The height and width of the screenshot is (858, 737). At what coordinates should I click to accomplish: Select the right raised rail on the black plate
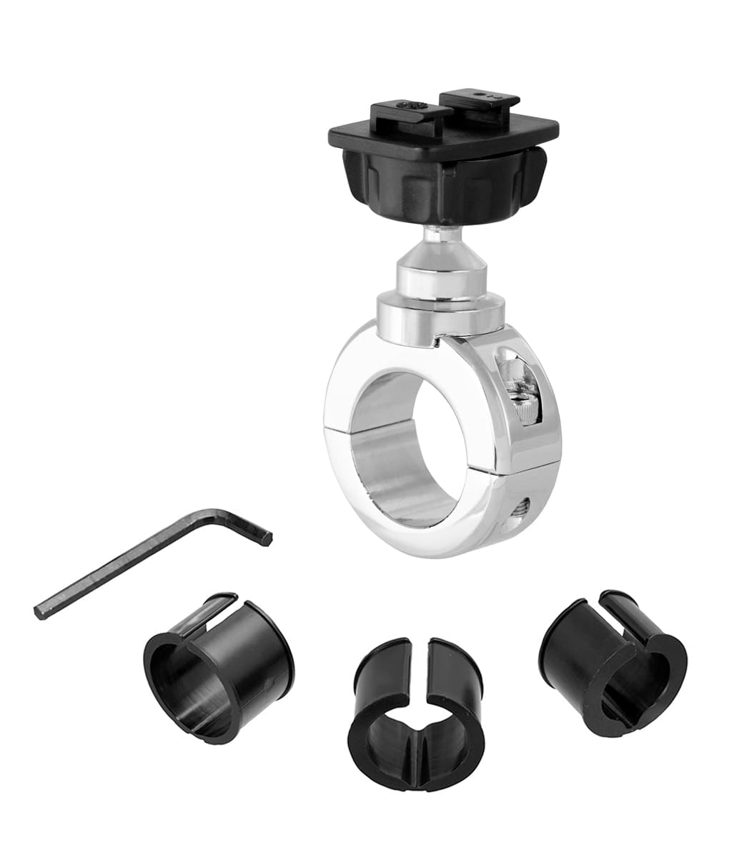479,100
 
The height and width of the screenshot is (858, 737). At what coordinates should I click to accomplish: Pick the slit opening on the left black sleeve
207,613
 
